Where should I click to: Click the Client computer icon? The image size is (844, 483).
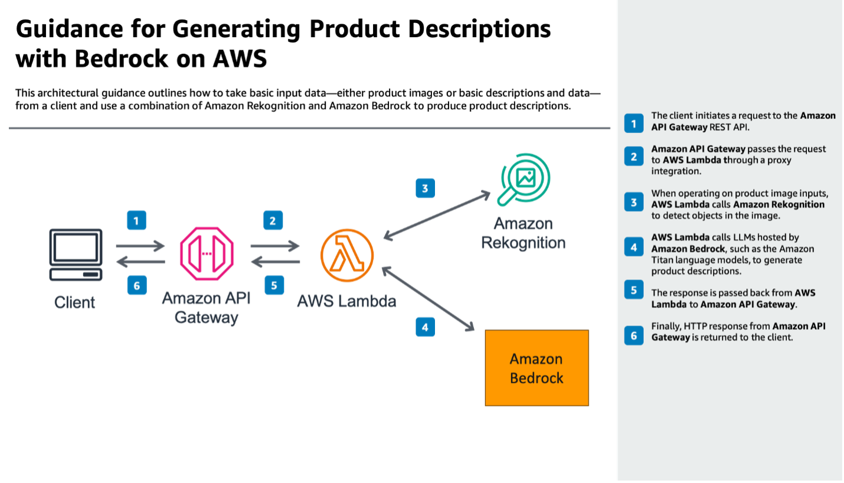coord(76,254)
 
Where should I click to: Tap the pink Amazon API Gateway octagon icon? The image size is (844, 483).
coord(207,254)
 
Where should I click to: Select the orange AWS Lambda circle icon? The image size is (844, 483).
coord(347,255)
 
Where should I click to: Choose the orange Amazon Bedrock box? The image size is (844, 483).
coord(537,368)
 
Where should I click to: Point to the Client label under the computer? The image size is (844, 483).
coord(75,302)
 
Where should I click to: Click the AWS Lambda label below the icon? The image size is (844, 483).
coord(346,301)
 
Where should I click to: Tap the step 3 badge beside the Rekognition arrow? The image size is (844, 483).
coord(425,188)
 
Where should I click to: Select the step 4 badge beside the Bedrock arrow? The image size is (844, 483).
coord(425,327)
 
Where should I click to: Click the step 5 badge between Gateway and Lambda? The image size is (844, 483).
coord(273,286)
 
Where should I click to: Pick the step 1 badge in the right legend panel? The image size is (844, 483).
coord(634,123)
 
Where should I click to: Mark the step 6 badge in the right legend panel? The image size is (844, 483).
coord(634,336)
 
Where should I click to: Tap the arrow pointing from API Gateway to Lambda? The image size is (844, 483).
coord(275,245)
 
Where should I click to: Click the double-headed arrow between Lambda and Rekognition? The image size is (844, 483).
coord(437,215)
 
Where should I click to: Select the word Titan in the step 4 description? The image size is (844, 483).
coord(663,260)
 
